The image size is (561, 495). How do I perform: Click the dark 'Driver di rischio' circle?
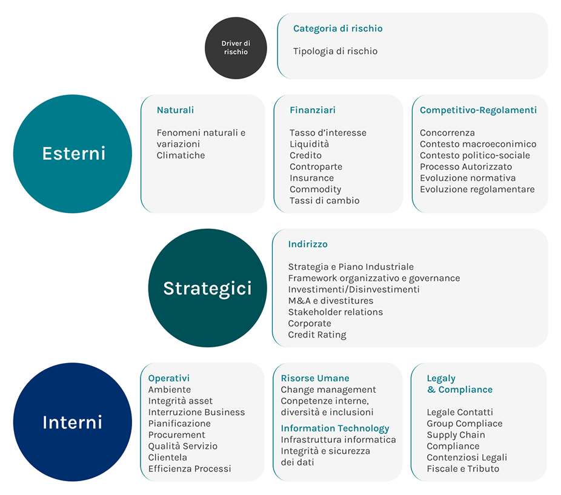point(236,48)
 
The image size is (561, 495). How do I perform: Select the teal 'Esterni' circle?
point(73,154)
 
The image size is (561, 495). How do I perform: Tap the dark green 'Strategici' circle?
point(208,288)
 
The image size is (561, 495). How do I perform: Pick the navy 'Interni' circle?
point(73,422)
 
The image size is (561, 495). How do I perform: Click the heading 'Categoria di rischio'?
point(337,28)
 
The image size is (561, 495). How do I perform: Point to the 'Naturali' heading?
point(175,110)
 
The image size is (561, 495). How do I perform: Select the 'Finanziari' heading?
point(313,110)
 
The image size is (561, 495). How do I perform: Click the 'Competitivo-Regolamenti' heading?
point(479,110)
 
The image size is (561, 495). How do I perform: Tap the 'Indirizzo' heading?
point(308,244)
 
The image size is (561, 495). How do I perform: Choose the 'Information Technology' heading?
point(335,428)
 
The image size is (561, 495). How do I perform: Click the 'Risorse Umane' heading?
point(315,378)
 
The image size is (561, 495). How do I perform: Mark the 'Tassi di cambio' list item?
point(325,200)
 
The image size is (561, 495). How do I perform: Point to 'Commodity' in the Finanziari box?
point(315,189)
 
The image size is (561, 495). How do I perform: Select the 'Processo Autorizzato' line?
point(466,166)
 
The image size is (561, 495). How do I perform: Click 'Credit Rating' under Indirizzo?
point(317,335)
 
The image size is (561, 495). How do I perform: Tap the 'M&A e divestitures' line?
point(331,301)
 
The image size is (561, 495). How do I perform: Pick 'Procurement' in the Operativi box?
point(177,435)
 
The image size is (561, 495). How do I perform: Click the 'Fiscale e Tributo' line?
point(463,468)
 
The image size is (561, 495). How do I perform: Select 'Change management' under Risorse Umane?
point(328,390)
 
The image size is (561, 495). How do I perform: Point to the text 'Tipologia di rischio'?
point(335,51)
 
